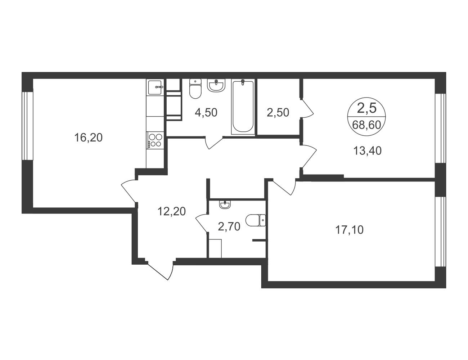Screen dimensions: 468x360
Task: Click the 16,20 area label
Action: coord(88,138)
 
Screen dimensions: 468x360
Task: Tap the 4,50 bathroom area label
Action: coord(206,113)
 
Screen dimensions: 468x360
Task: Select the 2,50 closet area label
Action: coord(278,113)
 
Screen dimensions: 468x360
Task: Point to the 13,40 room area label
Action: coord(368,151)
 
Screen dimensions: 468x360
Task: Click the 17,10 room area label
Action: coord(349,230)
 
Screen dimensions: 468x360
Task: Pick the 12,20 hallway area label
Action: coord(172,211)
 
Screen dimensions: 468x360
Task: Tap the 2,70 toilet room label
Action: coord(229,227)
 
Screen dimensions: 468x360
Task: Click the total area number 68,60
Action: coord(366,125)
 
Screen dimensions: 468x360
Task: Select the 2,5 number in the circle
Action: coord(366,108)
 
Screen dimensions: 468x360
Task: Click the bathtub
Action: coord(243,107)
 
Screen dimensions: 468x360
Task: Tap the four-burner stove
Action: coord(155,140)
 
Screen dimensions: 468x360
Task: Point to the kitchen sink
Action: coord(155,87)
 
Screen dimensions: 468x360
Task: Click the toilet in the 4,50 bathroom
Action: coord(195,89)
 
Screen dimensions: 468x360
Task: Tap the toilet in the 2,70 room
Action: coord(256,220)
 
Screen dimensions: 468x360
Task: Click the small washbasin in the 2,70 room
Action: coord(225,204)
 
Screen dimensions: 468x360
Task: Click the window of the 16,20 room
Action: coord(28,126)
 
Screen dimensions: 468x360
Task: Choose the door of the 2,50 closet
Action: coord(307,109)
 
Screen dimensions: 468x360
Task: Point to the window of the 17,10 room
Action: coord(440,232)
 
